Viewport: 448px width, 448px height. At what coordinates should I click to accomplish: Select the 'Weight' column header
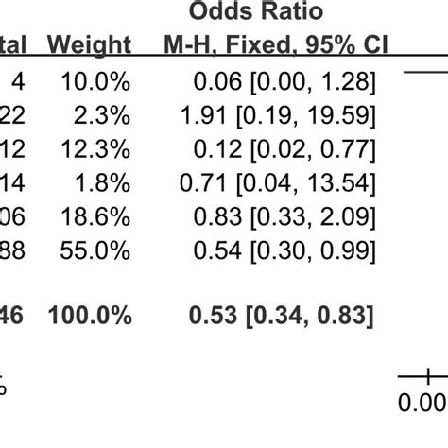89,45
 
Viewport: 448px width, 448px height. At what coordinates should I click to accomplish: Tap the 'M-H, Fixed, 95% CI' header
269,45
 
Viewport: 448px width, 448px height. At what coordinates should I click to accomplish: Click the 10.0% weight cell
96,84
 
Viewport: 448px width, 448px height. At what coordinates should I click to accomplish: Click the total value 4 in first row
18,84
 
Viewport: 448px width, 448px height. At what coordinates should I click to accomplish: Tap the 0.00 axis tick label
422,404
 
